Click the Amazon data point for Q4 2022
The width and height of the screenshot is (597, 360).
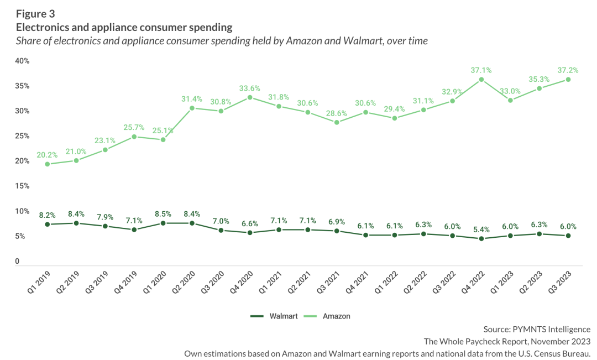(x=481, y=80)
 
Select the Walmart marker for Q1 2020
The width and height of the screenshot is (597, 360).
(x=163, y=223)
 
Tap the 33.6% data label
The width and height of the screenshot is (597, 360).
(x=250, y=88)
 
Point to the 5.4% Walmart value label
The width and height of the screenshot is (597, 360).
(x=481, y=229)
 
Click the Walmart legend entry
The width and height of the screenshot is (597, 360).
(x=274, y=316)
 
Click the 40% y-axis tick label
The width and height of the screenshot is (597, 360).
(x=22, y=60)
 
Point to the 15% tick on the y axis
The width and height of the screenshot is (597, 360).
(x=22, y=186)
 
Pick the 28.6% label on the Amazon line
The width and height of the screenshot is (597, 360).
(x=336, y=113)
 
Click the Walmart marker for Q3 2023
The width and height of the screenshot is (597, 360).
(x=568, y=236)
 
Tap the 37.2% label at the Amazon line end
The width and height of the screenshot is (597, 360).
(x=568, y=70)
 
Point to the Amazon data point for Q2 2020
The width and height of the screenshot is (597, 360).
(x=192, y=108)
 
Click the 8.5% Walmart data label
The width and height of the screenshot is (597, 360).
(x=163, y=213)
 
